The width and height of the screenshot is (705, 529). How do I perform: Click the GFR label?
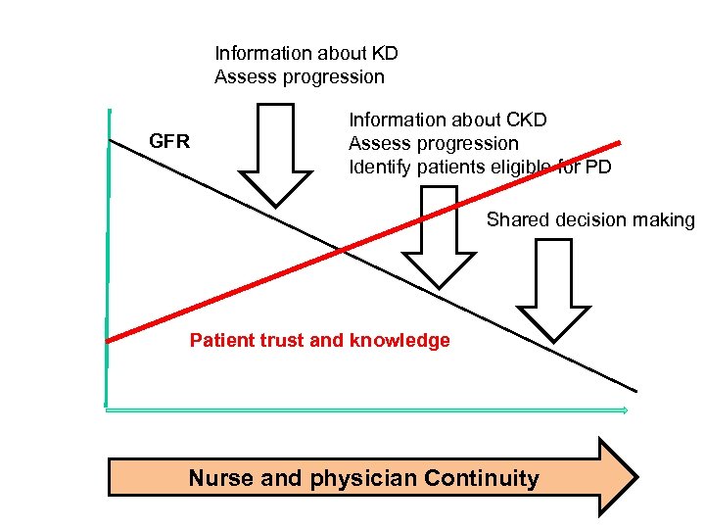pos(168,142)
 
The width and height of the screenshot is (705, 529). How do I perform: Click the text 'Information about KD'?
pos(306,53)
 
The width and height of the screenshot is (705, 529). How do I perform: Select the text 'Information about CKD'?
pos(447,120)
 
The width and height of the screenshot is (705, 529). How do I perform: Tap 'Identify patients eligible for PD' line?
pos(480,167)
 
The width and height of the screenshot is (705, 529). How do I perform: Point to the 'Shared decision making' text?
pos(589,219)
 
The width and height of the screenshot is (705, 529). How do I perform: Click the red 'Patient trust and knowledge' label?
pos(319,341)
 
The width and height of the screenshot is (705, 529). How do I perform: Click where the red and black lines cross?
pos(342,251)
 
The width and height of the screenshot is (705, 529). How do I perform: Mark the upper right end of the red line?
pos(619,142)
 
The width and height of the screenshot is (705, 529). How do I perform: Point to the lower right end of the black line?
pos(635,390)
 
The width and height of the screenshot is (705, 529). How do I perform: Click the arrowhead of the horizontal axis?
pos(624,410)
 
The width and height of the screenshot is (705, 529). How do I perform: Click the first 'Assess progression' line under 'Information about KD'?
pos(300,76)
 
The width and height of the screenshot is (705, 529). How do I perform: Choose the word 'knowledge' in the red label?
pos(406,341)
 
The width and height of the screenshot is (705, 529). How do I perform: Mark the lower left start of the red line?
pos(108,340)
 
